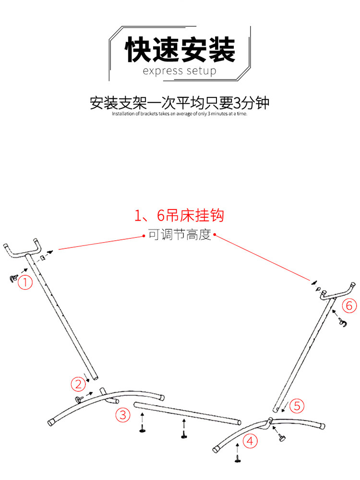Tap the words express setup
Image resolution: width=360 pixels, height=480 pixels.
(x=180, y=71)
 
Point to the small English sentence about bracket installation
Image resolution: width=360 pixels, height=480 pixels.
(x=180, y=114)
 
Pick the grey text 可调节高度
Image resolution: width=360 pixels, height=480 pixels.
(x=180, y=235)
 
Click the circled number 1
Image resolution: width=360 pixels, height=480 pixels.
(x=25, y=282)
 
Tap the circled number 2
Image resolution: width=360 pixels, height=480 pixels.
(x=78, y=384)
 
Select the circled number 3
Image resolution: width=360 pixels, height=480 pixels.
(x=123, y=415)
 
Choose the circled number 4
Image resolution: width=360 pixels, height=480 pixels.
(x=250, y=441)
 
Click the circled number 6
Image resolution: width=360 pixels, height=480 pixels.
(x=349, y=305)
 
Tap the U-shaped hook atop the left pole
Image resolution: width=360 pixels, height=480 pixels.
(x=23, y=250)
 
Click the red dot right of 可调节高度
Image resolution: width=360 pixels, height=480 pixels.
(x=215, y=235)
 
